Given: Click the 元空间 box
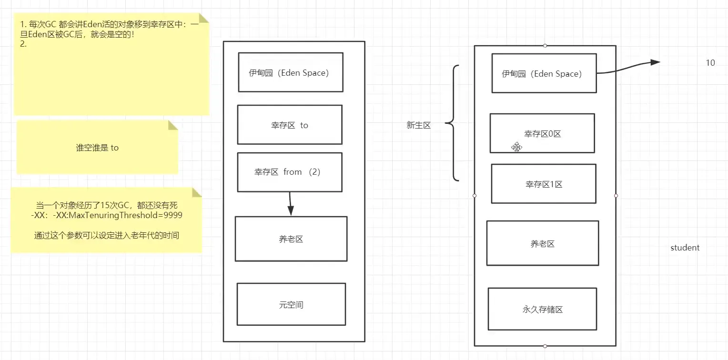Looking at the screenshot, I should pos(291,304).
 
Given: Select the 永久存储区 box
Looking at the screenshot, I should pos(542,309).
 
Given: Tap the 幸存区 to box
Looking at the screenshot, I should pos(290,125).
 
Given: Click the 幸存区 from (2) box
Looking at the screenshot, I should pos(290,172).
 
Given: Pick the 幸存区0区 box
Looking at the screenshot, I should pos(542,133).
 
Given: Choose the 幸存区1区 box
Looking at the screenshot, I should pos(544,184).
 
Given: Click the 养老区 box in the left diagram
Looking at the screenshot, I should pos(291,239).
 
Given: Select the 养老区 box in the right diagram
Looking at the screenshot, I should pos(542,243).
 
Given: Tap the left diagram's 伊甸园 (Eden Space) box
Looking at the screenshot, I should pos(291,72).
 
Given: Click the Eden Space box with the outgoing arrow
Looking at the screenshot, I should pos(544,73).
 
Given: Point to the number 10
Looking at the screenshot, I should pos(710,63).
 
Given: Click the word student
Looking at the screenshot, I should pos(685,248).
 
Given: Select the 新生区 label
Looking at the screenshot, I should pos(418,125).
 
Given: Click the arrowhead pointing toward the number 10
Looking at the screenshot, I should pos(655,62).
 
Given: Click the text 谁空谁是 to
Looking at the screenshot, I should pos(97,148).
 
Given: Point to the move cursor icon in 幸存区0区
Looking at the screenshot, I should pos(516,147).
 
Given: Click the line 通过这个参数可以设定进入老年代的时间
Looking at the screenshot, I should pos(107,235).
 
